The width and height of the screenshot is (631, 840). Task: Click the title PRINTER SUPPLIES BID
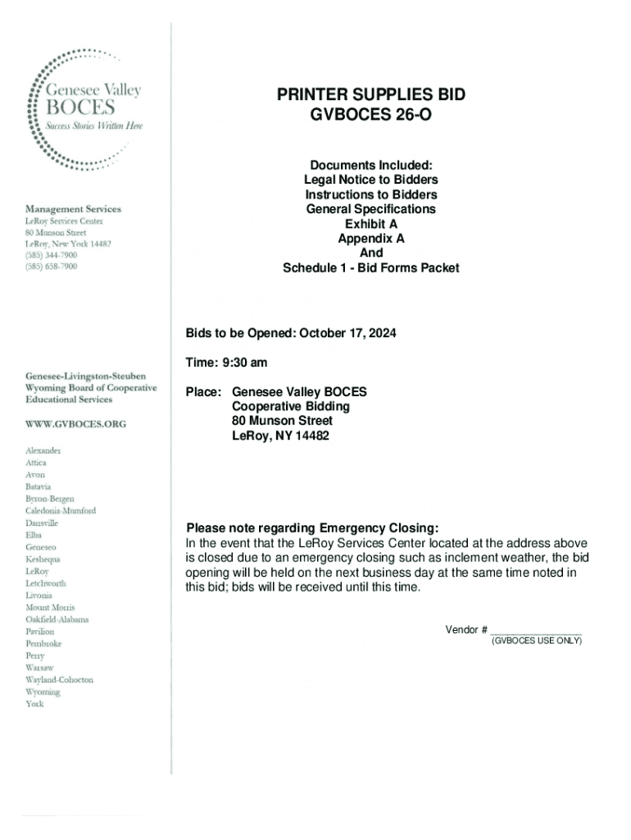[370, 95]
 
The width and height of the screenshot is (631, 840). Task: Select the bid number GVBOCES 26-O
[370, 116]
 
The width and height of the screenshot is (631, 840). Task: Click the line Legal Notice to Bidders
[370, 180]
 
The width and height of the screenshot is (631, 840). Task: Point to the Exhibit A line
[370, 224]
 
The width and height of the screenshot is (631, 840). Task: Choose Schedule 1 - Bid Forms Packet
[370, 268]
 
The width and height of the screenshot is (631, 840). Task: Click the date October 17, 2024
[347, 334]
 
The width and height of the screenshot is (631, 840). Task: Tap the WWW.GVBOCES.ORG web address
[76, 424]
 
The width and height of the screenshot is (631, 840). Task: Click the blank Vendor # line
[536, 630]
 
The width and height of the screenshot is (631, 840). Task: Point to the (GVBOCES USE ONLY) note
[536, 641]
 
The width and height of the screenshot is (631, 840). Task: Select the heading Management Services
[73, 209]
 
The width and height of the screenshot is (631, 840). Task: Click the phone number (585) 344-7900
[52, 256]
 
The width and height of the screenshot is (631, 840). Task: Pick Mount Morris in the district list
[51, 607]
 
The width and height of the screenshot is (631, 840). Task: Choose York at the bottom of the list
[34, 704]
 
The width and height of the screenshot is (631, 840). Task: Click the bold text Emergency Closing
[379, 527]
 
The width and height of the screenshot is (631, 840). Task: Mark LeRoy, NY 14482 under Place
[280, 436]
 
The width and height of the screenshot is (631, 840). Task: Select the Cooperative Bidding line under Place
[291, 407]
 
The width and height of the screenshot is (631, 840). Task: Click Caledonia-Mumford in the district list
[61, 510]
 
